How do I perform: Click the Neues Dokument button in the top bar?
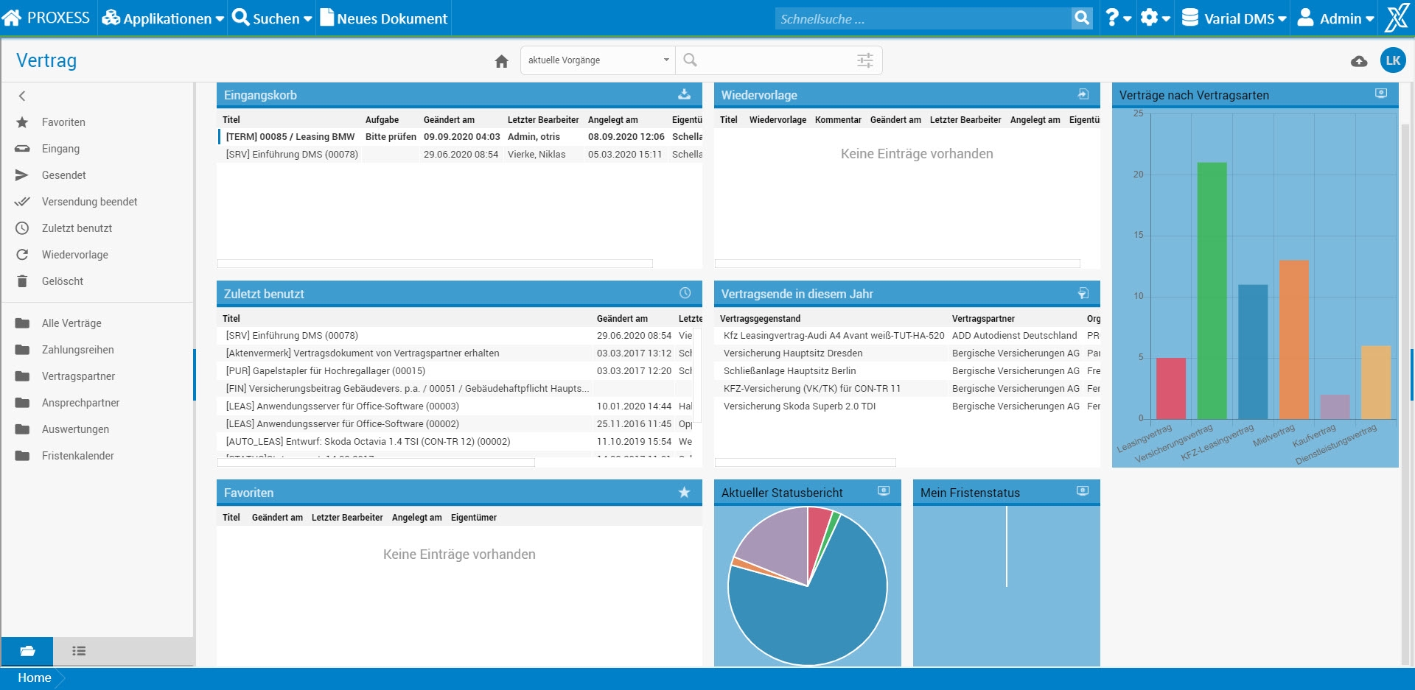tap(384, 18)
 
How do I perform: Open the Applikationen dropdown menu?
tap(163, 18)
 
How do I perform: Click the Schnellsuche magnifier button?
tap(1081, 18)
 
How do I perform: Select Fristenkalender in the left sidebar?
tap(77, 456)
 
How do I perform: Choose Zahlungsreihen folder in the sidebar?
tap(77, 350)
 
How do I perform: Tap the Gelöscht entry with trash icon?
tap(62, 281)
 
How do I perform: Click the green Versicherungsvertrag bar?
tap(1212, 291)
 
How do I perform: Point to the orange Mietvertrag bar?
tap(1293, 339)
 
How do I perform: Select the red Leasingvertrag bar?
tap(1171, 388)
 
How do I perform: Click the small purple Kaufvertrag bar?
tap(1335, 406)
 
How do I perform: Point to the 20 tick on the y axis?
tap(1139, 175)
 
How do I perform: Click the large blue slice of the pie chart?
tap(818, 611)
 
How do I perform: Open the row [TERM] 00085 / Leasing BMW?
tap(290, 137)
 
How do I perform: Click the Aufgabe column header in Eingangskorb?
tap(382, 120)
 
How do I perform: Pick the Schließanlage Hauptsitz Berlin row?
tap(789, 371)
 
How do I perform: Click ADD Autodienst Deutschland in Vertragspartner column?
tap(1014, 336)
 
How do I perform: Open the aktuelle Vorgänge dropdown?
tap(598, 60)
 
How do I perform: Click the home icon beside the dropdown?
tap(502, 61)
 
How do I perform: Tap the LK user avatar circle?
tap(1392, 60)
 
